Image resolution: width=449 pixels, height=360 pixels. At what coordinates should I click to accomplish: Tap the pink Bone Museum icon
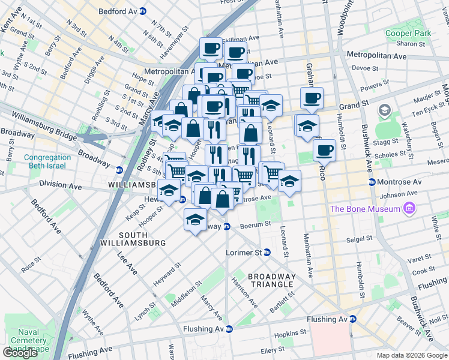[410, 208]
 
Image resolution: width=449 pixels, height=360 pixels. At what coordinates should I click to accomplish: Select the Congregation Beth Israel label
[47, 161]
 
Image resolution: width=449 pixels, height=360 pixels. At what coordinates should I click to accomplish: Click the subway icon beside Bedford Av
[142, 11]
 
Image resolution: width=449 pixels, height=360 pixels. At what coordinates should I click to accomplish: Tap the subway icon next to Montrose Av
[372, 182]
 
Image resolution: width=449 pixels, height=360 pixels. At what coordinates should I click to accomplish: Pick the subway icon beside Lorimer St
[267, 253]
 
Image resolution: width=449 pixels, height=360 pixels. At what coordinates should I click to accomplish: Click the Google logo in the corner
[20, 353]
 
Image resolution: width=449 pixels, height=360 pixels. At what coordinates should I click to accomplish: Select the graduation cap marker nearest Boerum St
[195, 220]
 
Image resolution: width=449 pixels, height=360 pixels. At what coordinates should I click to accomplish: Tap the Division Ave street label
[60, 184]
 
